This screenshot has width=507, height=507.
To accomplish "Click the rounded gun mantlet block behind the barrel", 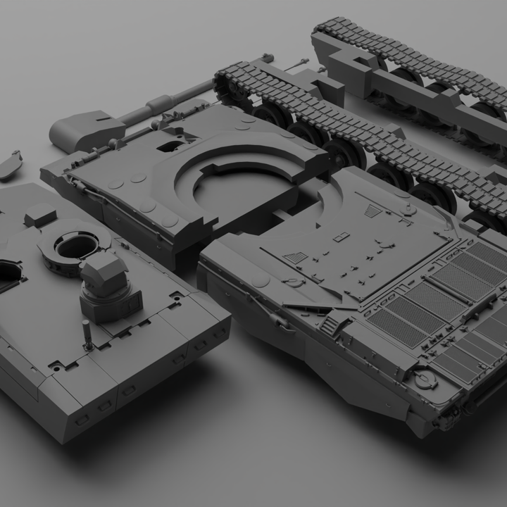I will [78, 130].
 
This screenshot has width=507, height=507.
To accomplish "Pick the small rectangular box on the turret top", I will [40, 215].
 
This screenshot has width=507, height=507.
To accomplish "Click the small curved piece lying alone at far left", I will [10, 165].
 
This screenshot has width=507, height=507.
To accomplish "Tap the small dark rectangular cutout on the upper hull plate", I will [169, 146].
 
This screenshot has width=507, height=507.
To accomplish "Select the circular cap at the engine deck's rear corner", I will [425, 380].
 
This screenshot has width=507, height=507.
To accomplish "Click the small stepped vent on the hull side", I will [330, 325].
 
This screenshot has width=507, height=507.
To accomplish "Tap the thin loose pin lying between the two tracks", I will [295, 64].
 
